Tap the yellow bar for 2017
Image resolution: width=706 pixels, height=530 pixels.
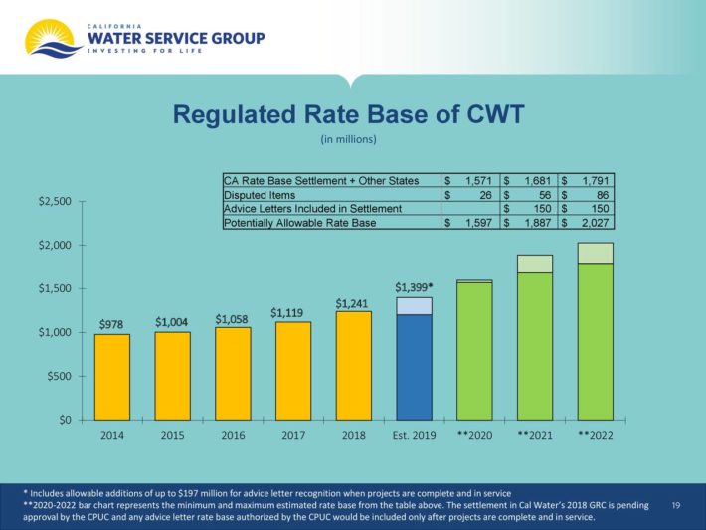tap(292, 370)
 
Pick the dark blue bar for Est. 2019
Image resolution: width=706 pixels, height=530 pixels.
tap(414, 366)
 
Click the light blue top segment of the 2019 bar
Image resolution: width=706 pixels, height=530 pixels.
tap(414, 305)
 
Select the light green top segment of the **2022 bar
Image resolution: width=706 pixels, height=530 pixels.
tap(595, 253)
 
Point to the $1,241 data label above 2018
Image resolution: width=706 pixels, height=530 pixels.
tap(353, 303)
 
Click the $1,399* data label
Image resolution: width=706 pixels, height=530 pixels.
tap(414, 286)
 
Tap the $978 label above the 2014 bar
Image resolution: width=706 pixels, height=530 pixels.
tap(111, 325)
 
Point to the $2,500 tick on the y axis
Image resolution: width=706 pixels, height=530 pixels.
tap(54, 202)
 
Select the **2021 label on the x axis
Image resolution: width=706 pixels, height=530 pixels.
tap(534, 436)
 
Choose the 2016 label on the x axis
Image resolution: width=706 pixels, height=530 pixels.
tap(232, 436)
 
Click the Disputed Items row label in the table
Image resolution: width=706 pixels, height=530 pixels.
tap(257, 195)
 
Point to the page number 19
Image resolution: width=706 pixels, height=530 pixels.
tap(675, 506)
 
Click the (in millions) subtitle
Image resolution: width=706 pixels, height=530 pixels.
tap(348, 139)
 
